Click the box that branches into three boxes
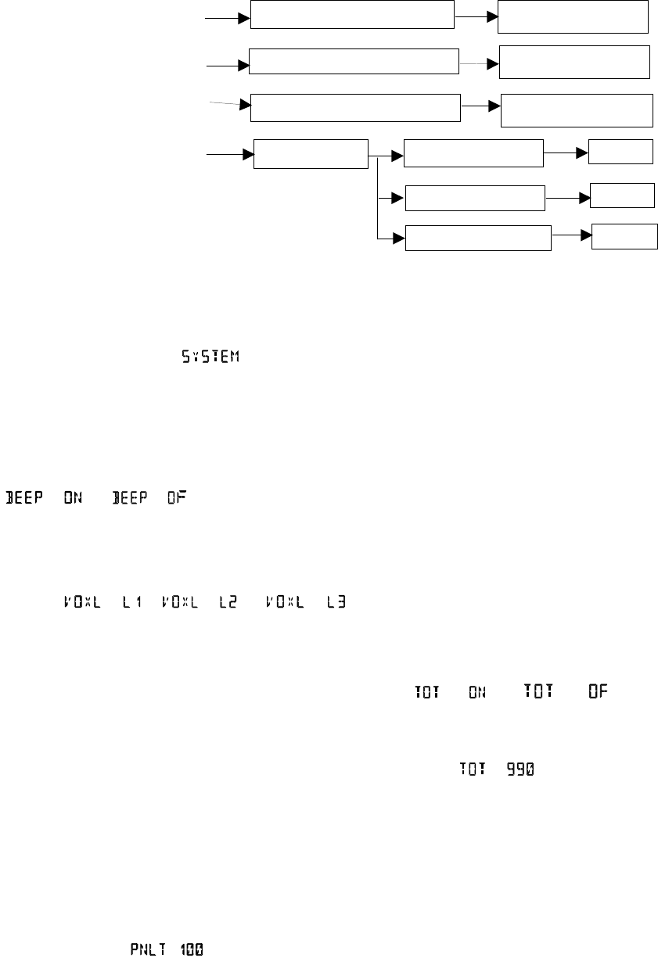311,154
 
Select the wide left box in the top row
352,15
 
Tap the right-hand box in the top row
574,16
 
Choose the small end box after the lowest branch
624,236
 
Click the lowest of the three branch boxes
478,239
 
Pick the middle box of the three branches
474,199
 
